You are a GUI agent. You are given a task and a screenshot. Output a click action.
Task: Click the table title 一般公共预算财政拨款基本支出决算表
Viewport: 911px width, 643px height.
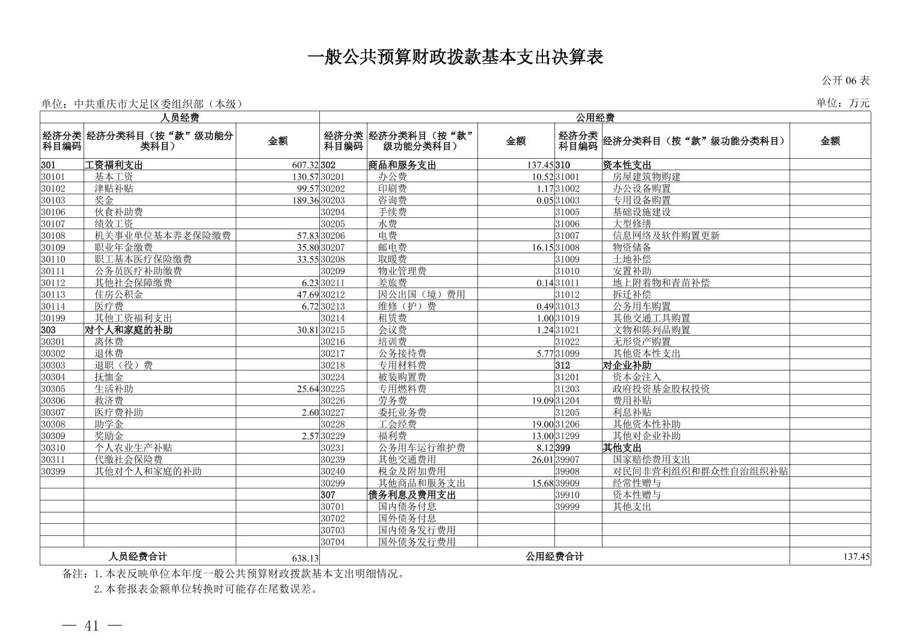pos(455,57)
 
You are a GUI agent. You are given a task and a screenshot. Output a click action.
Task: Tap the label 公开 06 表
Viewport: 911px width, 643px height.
pos(845,81)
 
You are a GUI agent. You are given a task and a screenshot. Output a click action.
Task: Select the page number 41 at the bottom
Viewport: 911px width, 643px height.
pos(91,626)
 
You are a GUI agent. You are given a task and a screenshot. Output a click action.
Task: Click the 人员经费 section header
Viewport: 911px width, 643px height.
pos(180,117)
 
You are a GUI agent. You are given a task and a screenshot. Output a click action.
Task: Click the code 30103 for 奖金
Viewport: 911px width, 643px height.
pos(53,200)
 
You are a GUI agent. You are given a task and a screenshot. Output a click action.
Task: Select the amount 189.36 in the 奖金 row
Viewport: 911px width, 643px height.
pos(305,200)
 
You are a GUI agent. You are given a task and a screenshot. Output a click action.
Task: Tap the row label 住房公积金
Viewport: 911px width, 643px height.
pos(118,295)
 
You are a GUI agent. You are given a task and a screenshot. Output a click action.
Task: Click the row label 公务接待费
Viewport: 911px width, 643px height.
pos(402,354)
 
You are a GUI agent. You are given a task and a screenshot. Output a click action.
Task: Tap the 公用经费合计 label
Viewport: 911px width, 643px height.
pos(554,557)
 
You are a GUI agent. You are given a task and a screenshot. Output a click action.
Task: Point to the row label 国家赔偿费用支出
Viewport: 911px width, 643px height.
pos(651,460)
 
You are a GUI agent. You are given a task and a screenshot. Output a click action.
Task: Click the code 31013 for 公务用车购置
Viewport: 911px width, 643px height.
pos(567,307)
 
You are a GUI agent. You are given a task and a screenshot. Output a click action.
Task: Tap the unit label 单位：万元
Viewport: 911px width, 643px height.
pos(842,103)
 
